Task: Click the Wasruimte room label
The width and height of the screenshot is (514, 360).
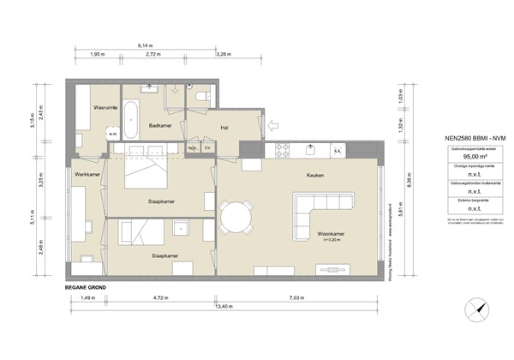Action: (x=105, y=109)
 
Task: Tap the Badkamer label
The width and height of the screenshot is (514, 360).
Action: (x=162, y=125)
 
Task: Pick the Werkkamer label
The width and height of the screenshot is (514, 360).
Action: (x=87, y=175)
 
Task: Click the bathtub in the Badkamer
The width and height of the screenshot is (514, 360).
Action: (x=133, y=121)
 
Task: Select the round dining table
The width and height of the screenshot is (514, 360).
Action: (x=236, y=216)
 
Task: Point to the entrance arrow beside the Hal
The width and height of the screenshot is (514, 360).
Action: (x=274, y=125)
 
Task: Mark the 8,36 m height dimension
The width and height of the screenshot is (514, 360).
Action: (x=409, y=181)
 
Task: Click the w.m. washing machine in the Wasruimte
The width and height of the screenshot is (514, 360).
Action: (x=112, y=135)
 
